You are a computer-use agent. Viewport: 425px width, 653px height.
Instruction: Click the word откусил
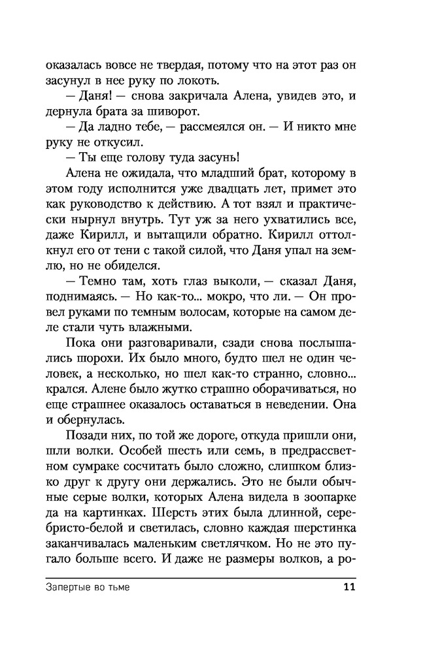pyautogui.click(x=122, y=142)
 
